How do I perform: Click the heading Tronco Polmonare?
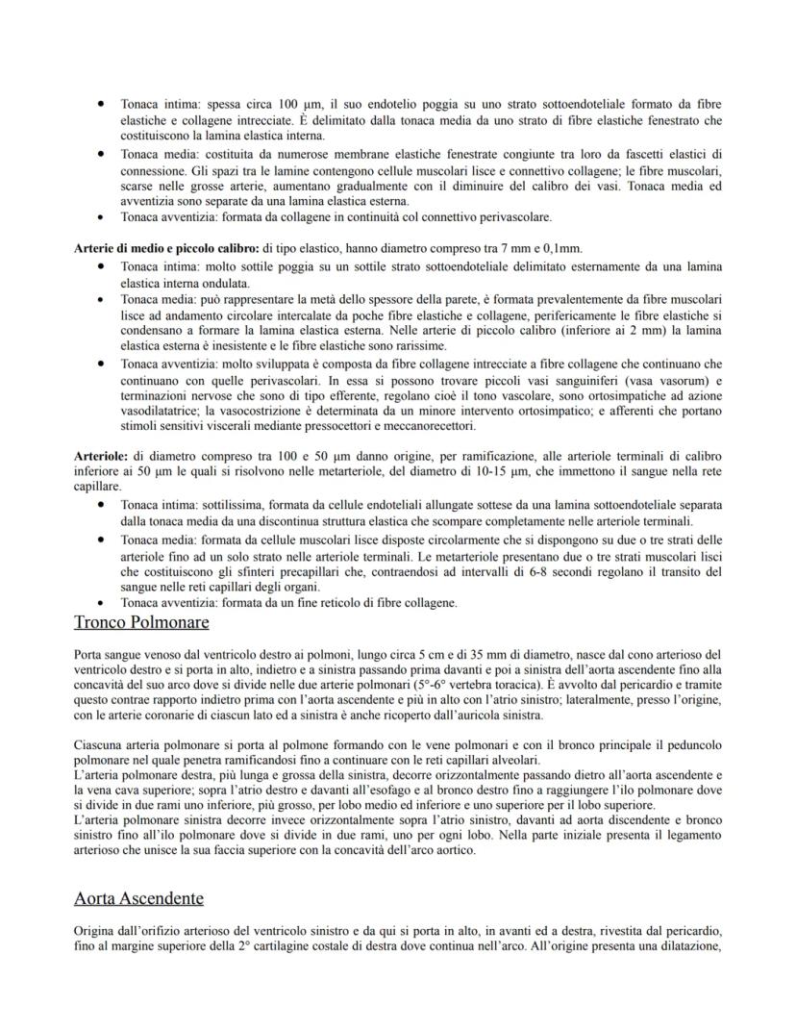point(141,622)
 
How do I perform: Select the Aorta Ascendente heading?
point(138,898)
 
